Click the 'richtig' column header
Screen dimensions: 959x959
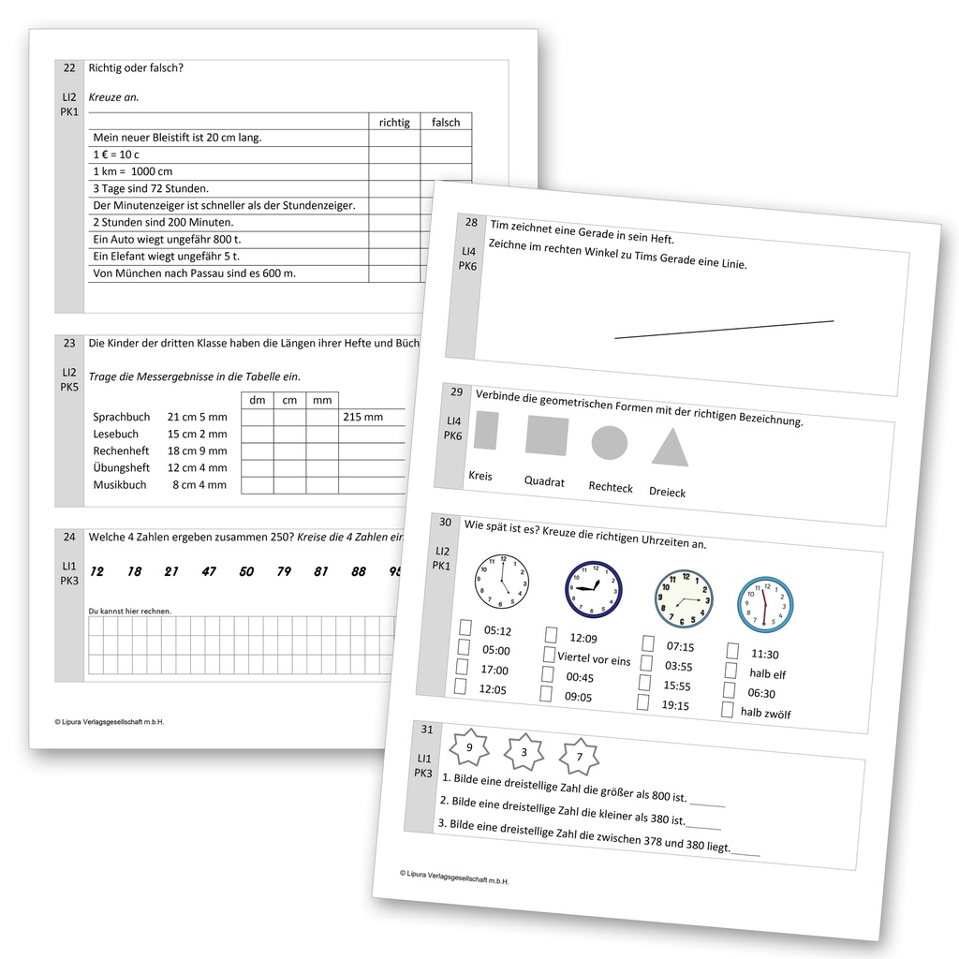pos(394,122)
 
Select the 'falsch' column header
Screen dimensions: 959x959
pos(446,122)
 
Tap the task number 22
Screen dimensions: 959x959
pos(69,67)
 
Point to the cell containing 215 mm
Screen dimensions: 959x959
pos(362,417)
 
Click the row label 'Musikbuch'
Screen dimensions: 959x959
pos(120,485)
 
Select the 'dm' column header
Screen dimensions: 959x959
pos(258,401)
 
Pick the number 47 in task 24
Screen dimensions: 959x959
pos(208,571)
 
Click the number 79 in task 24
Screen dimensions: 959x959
pos(283,571)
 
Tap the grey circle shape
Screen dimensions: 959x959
pos(609,442)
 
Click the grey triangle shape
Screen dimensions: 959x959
pos(670,448)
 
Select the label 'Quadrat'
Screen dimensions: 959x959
pos(544,481)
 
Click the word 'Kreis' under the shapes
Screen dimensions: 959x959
pos(480,476)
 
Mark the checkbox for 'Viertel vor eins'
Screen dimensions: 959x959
pos(549,655)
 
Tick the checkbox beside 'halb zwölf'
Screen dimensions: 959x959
pos(727,710)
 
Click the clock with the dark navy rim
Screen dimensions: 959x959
pos(593,589)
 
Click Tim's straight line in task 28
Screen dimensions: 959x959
pos(724,329)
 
